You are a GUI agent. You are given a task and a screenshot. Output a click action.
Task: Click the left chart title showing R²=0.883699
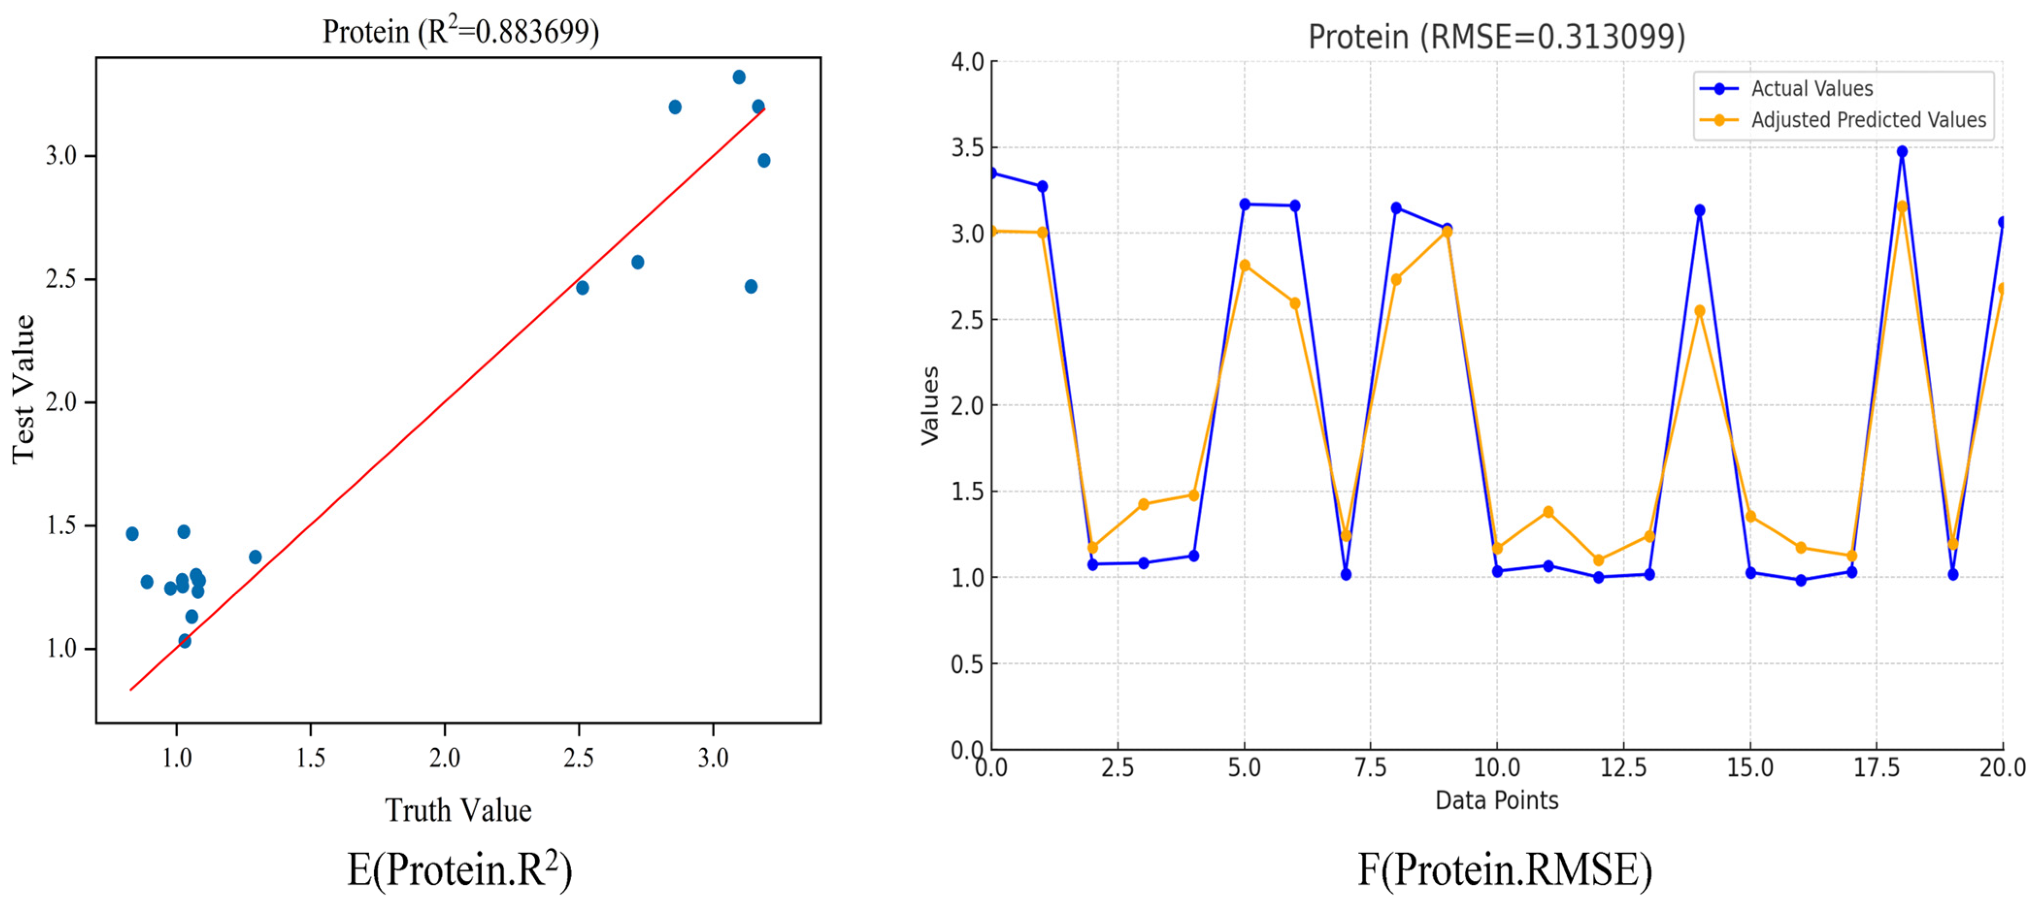coord(461,32)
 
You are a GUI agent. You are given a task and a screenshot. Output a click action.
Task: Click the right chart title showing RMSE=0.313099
coord(1496,36)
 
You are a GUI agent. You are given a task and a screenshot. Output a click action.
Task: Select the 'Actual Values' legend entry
coord(1811,88)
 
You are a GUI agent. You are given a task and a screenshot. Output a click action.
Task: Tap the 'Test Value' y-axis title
coord(24,389)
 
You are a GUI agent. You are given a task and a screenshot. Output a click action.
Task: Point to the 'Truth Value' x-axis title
coord(458,810)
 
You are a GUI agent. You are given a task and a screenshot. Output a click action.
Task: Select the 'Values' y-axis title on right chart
coord(930,405)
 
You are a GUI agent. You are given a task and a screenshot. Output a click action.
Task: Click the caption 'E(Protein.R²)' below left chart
coord(460,869)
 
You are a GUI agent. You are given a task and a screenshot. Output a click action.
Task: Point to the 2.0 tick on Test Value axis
coord(62,402)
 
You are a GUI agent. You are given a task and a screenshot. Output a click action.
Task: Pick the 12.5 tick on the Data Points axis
coord(1623,767)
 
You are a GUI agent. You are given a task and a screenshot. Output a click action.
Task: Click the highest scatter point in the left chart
coord(739,77)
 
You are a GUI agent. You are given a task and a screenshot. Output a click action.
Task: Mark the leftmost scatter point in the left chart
coord(132,534)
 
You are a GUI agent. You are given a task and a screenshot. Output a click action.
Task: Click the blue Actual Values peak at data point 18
coord(1902,151)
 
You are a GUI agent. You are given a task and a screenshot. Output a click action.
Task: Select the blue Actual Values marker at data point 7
coord(1346,574)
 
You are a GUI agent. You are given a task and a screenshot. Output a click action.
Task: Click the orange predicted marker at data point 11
coord(1548,512)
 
